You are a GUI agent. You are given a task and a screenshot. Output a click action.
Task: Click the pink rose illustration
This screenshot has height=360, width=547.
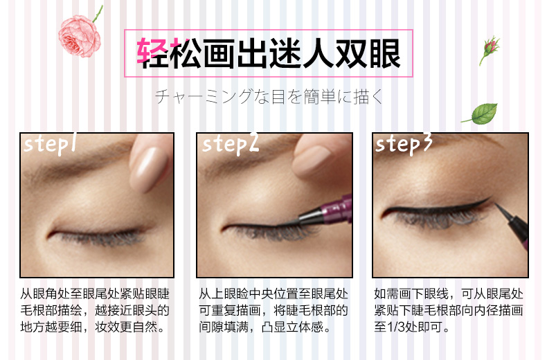pyautogui.click(x=79, y=36)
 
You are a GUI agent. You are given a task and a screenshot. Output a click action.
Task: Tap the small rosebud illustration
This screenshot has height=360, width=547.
pyautogui.click(x=490, y=48)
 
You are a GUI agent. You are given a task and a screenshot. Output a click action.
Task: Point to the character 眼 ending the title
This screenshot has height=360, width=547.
pyautogui.click(x=385, y=53)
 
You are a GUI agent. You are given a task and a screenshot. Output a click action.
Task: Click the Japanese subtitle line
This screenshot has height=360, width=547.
pyautogui.click(x=269, y=97)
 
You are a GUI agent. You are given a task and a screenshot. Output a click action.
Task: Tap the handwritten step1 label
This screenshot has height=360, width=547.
pyautogui.click(x=50, y=144)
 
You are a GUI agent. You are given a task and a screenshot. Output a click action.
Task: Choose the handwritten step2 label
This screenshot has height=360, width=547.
pyautogui.click(x=231, y=144)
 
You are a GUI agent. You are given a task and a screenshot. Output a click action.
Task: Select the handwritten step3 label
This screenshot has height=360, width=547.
pyautogui.click(x=404, y=144)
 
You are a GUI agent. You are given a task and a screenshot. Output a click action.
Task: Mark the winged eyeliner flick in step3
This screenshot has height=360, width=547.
pyautogui.click(x=478, y=202)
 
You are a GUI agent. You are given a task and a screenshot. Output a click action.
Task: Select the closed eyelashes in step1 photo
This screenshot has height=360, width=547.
pyautogui.click(x=101, y=238)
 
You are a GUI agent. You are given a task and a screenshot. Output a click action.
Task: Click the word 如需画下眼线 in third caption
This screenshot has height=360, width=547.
pyautogui.click(x=411, y=294)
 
